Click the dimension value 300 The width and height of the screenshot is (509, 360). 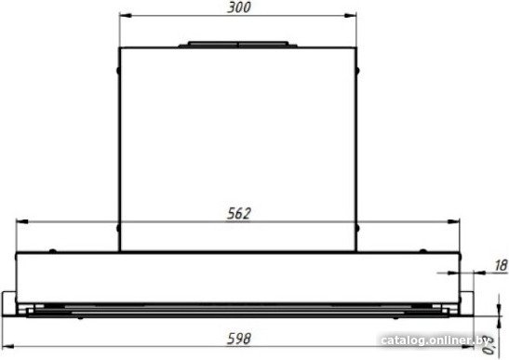coord(239,7)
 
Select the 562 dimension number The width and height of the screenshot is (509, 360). coord(239,214)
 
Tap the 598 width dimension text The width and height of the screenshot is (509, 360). coord(239,339)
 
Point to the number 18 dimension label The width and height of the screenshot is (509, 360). coord(501,265)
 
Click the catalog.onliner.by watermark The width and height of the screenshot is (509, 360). coord(435,340)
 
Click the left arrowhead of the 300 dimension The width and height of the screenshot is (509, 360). coord(126,15)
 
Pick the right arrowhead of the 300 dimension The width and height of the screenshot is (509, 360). coord(350,15)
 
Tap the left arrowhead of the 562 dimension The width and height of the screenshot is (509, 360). coord(22,221)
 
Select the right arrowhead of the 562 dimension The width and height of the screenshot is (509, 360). coord(453,221)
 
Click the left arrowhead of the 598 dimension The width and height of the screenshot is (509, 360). coord(8,347)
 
